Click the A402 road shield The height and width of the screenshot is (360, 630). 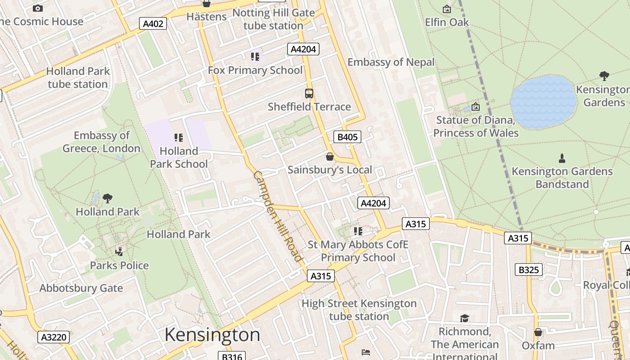coord(153,23)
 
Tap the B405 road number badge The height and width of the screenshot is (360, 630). coord(347,137)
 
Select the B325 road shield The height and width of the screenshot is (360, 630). coord(528,270)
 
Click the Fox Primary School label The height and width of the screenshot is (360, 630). coord(255,70)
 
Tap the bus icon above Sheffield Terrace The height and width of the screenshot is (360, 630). coord(309,94)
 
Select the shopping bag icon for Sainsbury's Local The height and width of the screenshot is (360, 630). coord(330,157)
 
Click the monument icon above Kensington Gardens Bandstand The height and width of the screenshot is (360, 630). coord(562,158)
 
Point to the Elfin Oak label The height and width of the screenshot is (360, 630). coord(447,22)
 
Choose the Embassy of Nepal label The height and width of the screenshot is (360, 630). coord(391,62)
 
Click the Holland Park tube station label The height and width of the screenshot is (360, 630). coord(78,77)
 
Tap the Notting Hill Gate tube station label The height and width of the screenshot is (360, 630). coord(273,19)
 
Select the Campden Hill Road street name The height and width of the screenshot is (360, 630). coord(277,216)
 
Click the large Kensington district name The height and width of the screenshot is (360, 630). coord(212,335)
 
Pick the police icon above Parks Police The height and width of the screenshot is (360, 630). coord(119,251)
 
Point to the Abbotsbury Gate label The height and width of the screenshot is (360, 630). coord(81,288)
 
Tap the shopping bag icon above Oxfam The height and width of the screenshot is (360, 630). coord(538,332)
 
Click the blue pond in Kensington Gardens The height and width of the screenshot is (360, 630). coord(544,102)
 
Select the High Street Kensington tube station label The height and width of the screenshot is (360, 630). coord(359,310)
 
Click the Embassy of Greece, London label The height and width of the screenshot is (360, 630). coord(101,142)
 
